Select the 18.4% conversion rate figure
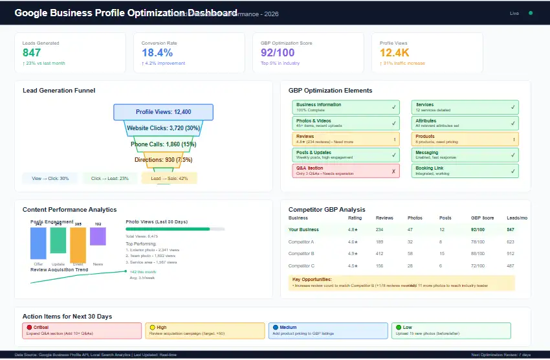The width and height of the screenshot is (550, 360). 157,53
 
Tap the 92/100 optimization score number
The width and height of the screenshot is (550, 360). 278,53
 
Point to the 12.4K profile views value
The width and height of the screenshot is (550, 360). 395,53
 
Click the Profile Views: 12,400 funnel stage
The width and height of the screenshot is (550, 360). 163,112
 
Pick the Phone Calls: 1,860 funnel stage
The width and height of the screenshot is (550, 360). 163,144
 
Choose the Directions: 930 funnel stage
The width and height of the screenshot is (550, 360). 163,159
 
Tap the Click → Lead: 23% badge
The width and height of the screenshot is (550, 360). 110,178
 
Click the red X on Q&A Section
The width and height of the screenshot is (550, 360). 393,171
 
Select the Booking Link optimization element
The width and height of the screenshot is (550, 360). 465,171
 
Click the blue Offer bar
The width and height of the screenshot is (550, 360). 38,243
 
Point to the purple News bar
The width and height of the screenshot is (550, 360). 98,236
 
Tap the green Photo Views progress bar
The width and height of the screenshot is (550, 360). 168,229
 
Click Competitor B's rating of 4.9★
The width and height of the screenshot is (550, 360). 353,253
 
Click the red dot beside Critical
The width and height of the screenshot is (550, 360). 29,328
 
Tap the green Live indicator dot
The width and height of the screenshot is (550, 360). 531,13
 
